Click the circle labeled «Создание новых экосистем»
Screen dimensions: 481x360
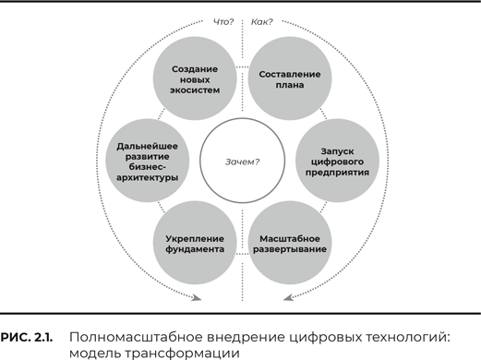point(195,78)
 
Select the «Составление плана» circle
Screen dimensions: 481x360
point(290,78)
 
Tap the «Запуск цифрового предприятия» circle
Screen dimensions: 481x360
point(337,161)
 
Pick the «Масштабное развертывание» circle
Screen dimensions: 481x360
point(290,243)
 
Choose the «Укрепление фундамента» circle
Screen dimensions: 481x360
point(195,243)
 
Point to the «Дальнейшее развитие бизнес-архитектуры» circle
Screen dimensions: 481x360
point(148,161)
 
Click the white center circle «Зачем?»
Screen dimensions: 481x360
point(242,161)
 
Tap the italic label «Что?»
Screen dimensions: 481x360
point(223,22)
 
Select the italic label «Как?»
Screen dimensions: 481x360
point(262,22)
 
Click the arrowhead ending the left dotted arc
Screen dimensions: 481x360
point(197,297)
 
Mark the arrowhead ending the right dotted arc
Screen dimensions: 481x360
point(288,297)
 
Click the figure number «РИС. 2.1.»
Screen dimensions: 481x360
point(27,338)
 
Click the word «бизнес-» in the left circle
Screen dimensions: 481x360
point(148,167)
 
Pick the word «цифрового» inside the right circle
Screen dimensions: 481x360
point(337,162)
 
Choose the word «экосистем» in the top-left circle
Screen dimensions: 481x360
point(195,90)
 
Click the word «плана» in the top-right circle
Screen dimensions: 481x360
point(290,85)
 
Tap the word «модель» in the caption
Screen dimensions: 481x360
point(94,354)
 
